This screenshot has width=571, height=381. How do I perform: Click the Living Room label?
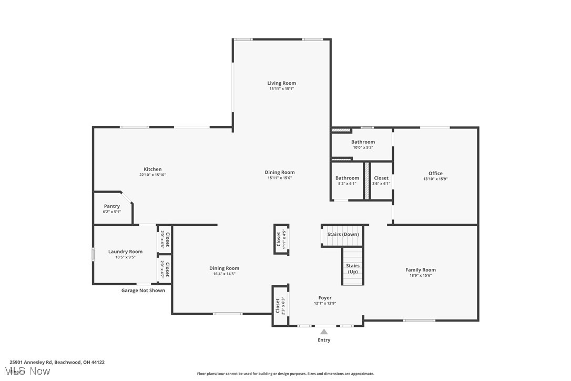coord(281,83)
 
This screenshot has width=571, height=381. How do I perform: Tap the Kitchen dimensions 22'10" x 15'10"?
coord(152,175)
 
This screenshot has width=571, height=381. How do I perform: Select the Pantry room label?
coord(112,206)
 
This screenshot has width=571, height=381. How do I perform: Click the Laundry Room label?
coord(125,252)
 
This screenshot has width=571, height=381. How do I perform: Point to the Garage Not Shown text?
coord(143,290)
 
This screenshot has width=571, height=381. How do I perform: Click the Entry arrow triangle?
coord(324,332)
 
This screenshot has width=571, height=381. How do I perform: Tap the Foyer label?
coord(324,298)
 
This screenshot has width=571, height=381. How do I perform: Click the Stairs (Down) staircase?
coord(343,235)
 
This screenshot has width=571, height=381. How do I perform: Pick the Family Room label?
coord(420,270)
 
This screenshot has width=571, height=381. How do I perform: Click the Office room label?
coord(435,173)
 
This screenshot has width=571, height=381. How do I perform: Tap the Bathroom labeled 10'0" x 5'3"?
coord(363,144)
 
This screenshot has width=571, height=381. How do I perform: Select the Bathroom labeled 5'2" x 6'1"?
coord(347,181)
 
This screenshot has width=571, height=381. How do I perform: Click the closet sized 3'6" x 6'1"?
coord(381,181)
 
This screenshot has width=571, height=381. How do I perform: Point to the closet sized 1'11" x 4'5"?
coord(281,239)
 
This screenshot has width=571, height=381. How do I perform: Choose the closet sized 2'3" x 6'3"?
coord(280,306)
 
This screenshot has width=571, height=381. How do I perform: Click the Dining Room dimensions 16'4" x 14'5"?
coord(224,274)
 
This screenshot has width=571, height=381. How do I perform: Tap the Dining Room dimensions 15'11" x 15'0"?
coord(279,178)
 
